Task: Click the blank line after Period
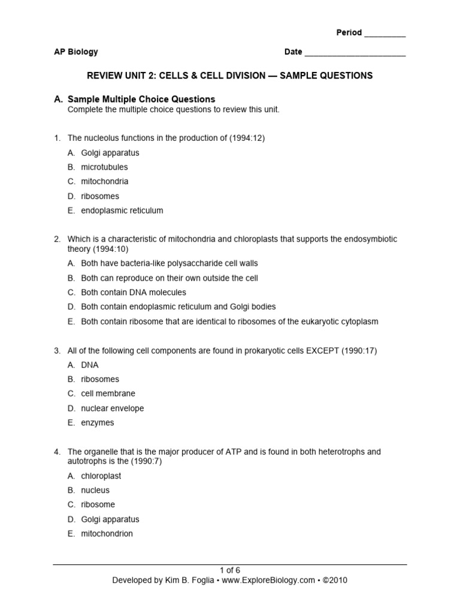385,34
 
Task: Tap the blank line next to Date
355,53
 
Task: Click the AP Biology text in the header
76,52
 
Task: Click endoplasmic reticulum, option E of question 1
122,210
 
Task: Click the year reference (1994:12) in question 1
247,138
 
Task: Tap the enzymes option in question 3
97,423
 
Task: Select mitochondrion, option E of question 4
107,534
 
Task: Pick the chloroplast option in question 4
101,476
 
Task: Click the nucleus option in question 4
95,490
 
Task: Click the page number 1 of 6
230,570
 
